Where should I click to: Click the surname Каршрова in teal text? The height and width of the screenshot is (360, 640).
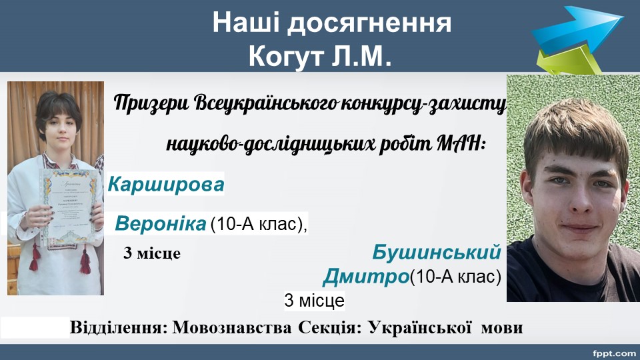point(166,185)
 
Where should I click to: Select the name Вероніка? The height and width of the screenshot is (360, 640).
point(161,224)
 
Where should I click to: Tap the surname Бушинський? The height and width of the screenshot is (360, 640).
point(436,253)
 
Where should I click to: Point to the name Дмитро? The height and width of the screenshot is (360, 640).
point(366,277)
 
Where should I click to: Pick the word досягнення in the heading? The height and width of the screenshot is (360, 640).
point(369,23)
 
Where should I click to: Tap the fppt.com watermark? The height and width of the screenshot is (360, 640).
point(614,353)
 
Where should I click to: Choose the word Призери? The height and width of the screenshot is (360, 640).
point(151,103)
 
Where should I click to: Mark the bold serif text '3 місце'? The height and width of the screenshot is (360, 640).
point(152,253)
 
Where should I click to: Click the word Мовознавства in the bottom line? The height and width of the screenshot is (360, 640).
point(232,327)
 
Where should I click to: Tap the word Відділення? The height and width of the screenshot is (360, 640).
point(119,327)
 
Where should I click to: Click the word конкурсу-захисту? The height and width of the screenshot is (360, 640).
point(423,104)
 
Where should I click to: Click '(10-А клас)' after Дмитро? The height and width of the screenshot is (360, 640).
point(455,277)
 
